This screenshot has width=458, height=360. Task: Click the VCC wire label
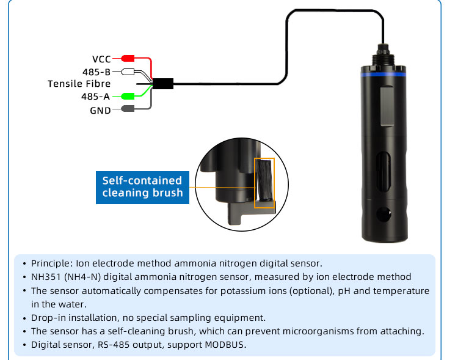pyautogui.click(x=101, y=59)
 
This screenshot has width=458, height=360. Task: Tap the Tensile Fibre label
pyautogui.click(x=79, y=84)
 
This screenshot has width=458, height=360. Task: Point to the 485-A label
pyautogui.click(x=96, y=97)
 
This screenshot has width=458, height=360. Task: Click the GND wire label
pyautogui.click(x=100, y=111)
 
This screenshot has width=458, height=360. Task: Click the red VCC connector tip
pyautogui.click(x=128, y=59)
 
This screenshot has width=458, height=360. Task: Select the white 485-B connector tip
pyautogui.click(x=128, y=72)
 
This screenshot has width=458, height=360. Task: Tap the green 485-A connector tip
pyautogui.click(x=128, y=96)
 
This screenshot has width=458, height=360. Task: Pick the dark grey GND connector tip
pyautogui.click(x=128, y=109)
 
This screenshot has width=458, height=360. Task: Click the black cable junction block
pyautogui.click(x=163, y=84)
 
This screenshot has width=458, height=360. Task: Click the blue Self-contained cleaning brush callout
pyautogui.click(x=142, y=186)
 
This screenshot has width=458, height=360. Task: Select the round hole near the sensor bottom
pyautogui.click(x=383, y=215)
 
